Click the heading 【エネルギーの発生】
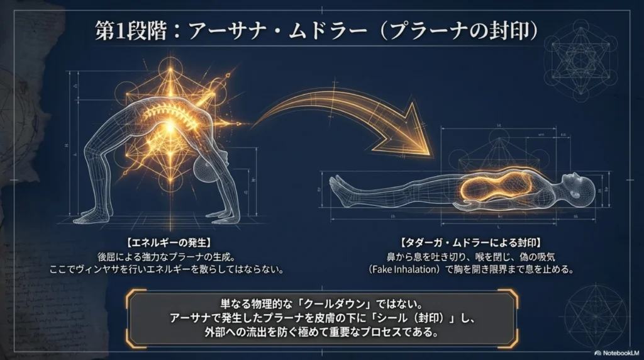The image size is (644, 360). [x=166, y=242]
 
